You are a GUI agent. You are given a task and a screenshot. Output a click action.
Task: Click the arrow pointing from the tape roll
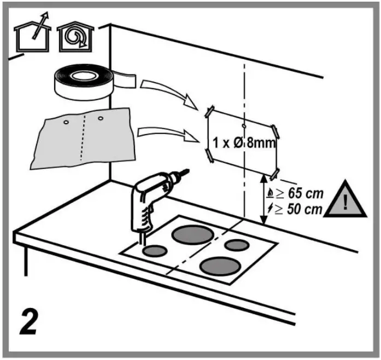click(x=164, y=91)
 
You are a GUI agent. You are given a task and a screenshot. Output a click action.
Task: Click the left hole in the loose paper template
click(x=65, y=123)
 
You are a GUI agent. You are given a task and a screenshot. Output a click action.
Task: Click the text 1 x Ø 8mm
click(x=243, y=143)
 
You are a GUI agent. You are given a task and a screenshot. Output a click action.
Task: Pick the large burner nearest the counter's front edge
click(x=220, y=266)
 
